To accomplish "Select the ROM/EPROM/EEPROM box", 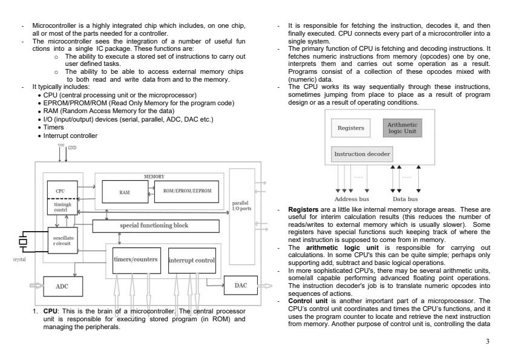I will pos(184,191).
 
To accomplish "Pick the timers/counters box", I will pos(137,260).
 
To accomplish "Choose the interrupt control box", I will pos(192,260).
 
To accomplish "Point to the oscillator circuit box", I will pos(63,243).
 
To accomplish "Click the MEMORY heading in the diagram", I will pos(154,176).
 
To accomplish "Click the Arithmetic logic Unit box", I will pos(402,128).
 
